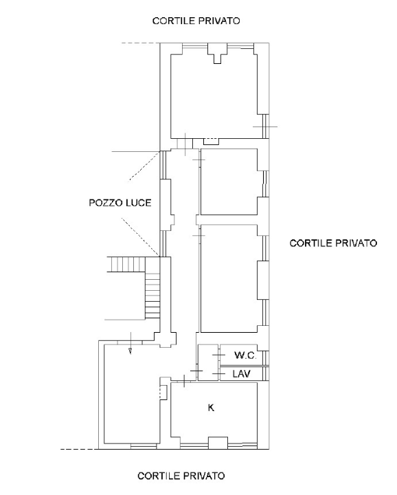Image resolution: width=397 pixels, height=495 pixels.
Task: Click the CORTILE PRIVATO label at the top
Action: pyautogui.click(x=196, y=21)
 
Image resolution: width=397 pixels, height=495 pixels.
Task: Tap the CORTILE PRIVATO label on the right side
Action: pyautogui.click(x=333, y=243)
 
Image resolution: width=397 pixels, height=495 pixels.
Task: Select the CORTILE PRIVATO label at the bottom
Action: pyautogui.click(x=181, y=476)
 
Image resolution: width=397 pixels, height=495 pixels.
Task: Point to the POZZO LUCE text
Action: pyautogui.click(x=120, y=203)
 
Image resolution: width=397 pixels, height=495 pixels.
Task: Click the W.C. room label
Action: pyautogui.click(x=245, y=356)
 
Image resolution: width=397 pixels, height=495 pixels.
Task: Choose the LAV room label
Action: pyautogui.click(x=241, y=373)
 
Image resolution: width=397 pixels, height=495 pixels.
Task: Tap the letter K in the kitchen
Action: pyautogui.click(x=211, y=408)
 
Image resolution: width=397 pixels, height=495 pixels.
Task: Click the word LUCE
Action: pyautogui.click(x=137, y=203)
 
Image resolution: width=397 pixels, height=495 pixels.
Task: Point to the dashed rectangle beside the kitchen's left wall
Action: pyautogui.click(x=163, y=393)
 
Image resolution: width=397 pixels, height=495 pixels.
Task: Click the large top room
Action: pyautogui.click(x=213, y=93)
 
